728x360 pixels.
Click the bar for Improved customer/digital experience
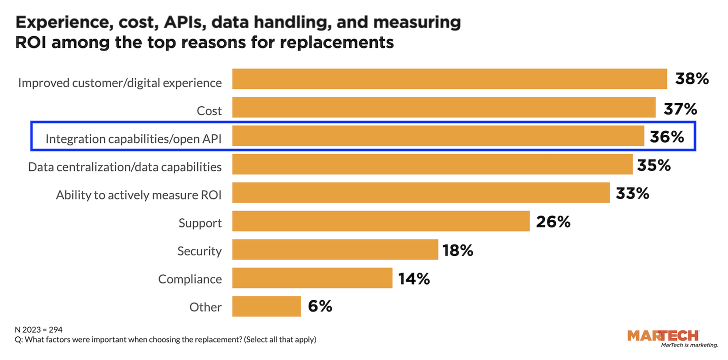click(449, 79)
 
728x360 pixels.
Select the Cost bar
click(444, 107)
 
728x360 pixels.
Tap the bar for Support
click(381, 221)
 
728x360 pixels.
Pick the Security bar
click(335, 249)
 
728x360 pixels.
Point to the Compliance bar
click(312, 278)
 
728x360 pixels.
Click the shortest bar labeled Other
click(266, 306)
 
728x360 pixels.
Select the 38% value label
click(692, 79)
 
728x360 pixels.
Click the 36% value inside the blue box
click(666, 136)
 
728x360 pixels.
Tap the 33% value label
click(632, 193)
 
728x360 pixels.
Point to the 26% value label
click(553, 221)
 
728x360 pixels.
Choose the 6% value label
click(320, 306)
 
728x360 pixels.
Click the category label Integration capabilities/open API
click(133, 139)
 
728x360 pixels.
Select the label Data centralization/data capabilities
click(124, 167)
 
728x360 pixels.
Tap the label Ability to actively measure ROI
click(138, 195)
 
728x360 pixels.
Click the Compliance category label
click(190, 279)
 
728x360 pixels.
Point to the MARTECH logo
click(662, 335)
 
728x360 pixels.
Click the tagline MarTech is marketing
click(689, 345)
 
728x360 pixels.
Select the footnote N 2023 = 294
click(38, 329)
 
